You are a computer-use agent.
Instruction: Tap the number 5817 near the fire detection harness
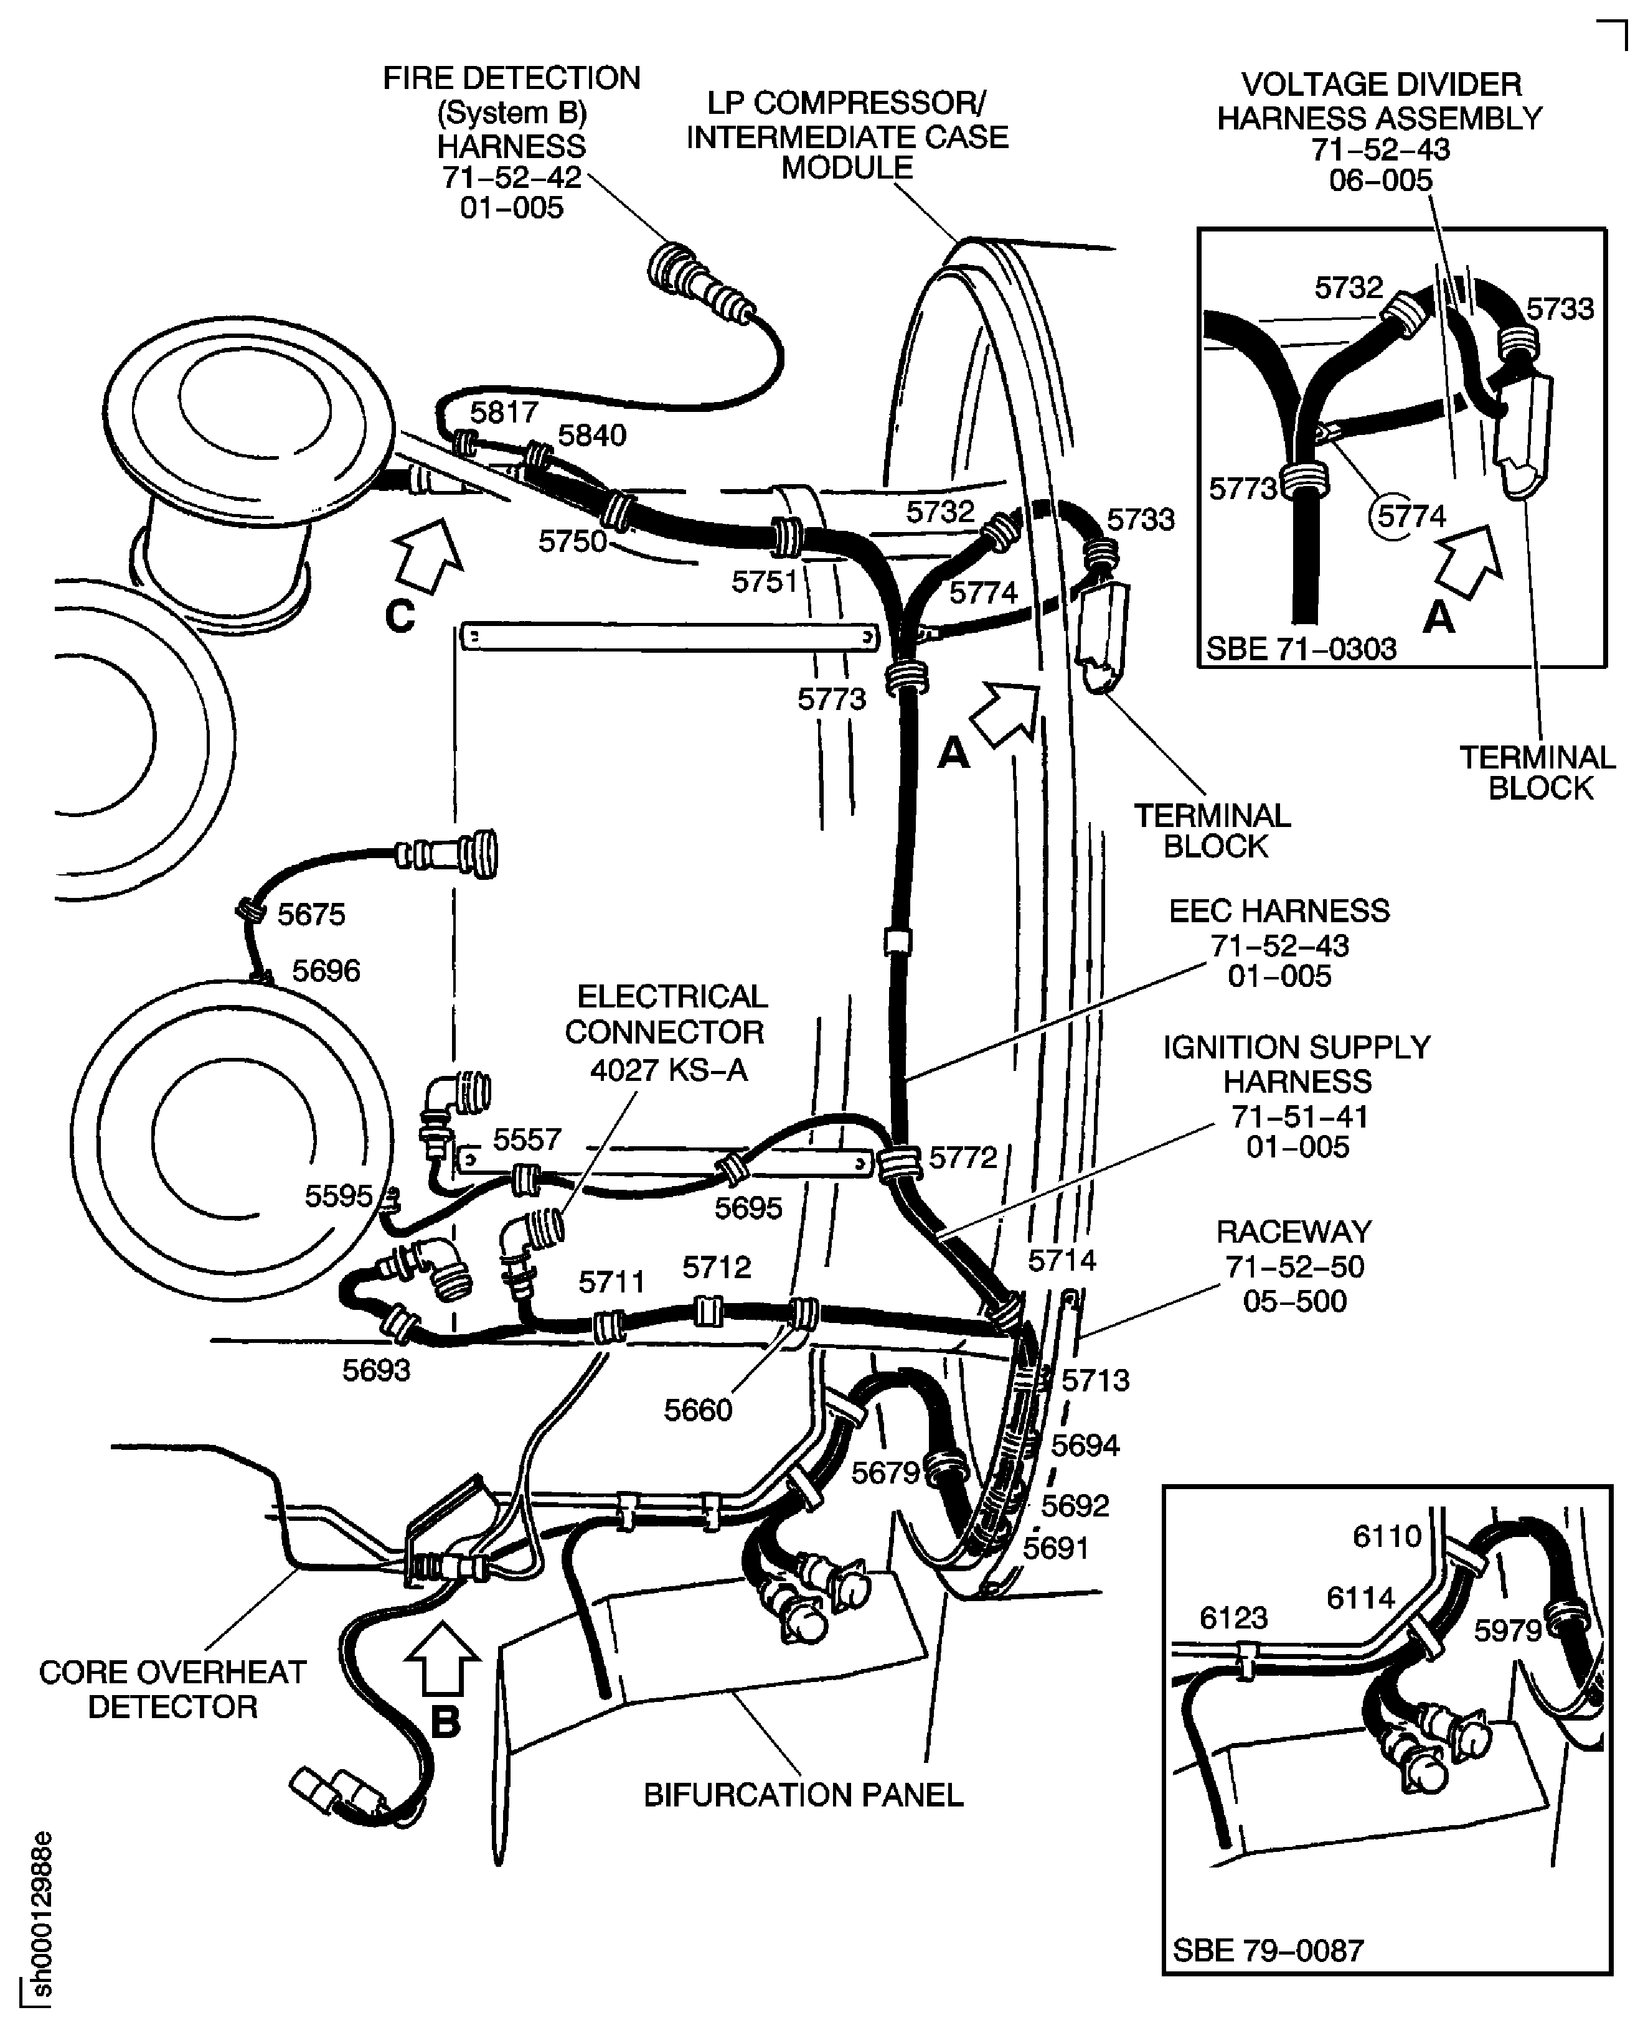[504, 412]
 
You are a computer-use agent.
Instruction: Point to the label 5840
[591, 436]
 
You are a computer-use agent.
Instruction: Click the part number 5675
[311, 914]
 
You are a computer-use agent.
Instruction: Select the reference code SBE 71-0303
[1301, 649]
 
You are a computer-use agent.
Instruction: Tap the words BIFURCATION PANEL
[803, 1795]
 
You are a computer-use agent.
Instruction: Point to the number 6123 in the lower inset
[1233, 1617]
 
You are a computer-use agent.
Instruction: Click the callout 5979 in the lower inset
[1507, 1630]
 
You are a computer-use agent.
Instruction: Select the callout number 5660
[698, 1410]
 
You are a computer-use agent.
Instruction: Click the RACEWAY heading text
[1294, 1231]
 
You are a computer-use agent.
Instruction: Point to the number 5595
[338, 1196]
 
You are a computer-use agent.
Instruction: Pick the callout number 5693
[376, 1370]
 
